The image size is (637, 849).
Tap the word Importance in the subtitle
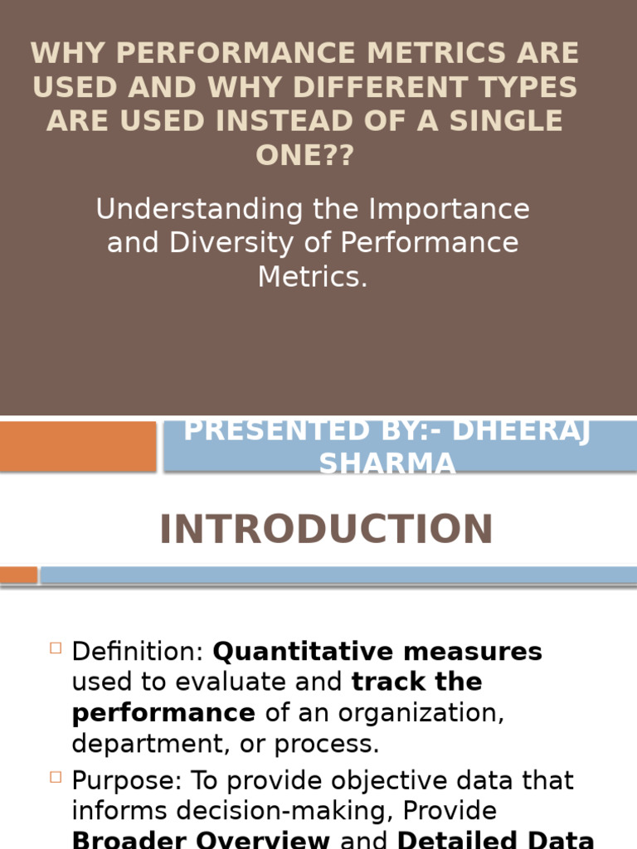(x=450, y=209)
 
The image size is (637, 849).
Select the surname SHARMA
(x=387, y=463)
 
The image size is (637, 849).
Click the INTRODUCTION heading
(x=326, y=530)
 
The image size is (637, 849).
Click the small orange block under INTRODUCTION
(x=18, y=575)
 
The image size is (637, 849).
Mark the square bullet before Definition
(x=56, y=648)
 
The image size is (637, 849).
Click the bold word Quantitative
(x=284, y=652)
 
